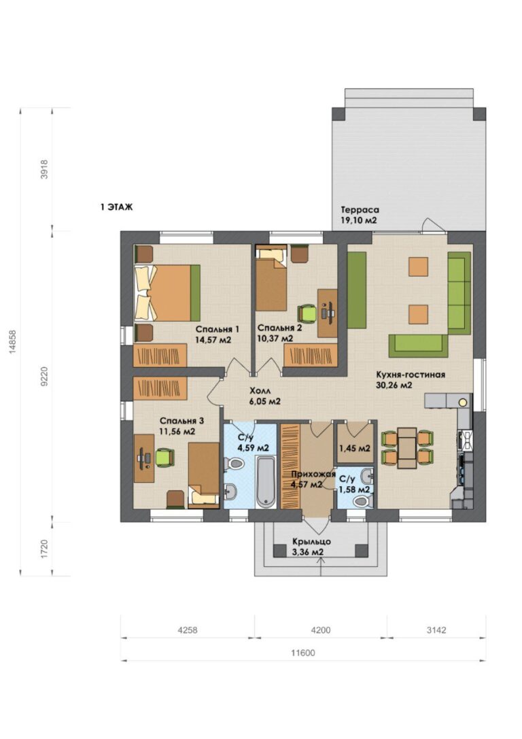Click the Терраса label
tap(360, 210)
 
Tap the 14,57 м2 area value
tap(213, 340)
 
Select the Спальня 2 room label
tap(279, 328)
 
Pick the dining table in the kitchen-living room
tap(406, 448)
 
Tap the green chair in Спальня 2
tap(307, 313)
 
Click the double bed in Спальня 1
tap(167, 292)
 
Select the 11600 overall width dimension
tap(303, 653)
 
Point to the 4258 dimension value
tap(187, 630)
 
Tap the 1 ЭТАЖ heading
tap(116, 207)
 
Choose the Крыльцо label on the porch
tap(311, 542)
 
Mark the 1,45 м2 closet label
tap(355, 448)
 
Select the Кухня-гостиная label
tap(411, 375)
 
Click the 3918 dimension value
tap(44, 169)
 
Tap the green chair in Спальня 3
tap(165, 457)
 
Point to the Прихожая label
tap(313, 474)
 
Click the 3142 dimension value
tap(436, 630)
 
